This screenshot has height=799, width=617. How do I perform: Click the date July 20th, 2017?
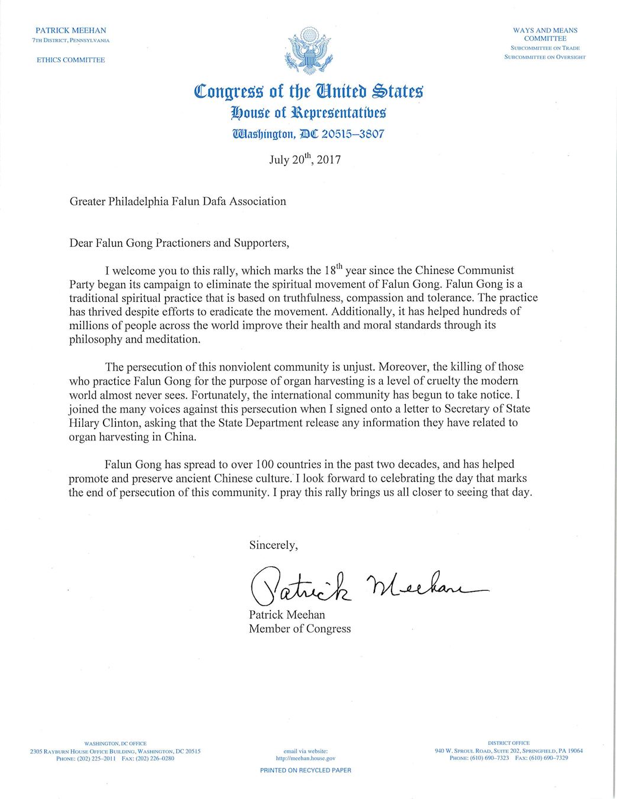coord(305,160)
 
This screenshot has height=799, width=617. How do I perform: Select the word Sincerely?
coord(273,545)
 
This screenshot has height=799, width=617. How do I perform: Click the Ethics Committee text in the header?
coord(71,60)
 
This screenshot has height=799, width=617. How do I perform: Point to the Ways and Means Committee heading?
coord(545,34)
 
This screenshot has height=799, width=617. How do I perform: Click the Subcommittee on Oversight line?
coord(545,57)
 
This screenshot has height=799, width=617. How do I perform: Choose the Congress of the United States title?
coord(309,91)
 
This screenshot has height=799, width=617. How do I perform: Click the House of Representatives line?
coord(308,112)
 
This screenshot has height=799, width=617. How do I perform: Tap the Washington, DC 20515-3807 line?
coord(308,134)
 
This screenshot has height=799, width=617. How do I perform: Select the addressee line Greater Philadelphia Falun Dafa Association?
coord(177,201)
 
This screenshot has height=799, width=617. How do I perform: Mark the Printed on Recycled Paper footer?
coord(305,771)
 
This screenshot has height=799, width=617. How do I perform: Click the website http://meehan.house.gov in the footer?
coord(305,758)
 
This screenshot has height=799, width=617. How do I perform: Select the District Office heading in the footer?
coord(508,743)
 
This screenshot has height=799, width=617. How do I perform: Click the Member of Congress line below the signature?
coord(299,629)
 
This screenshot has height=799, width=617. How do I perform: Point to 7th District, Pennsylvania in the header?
coord(71,40)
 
